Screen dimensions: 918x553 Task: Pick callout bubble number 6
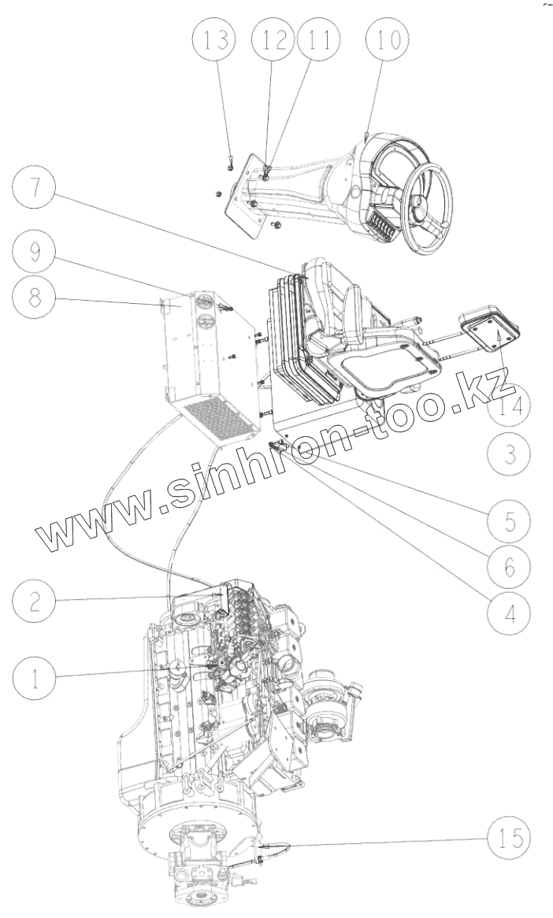click(508, 564)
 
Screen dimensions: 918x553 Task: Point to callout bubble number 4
click(508, 612)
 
